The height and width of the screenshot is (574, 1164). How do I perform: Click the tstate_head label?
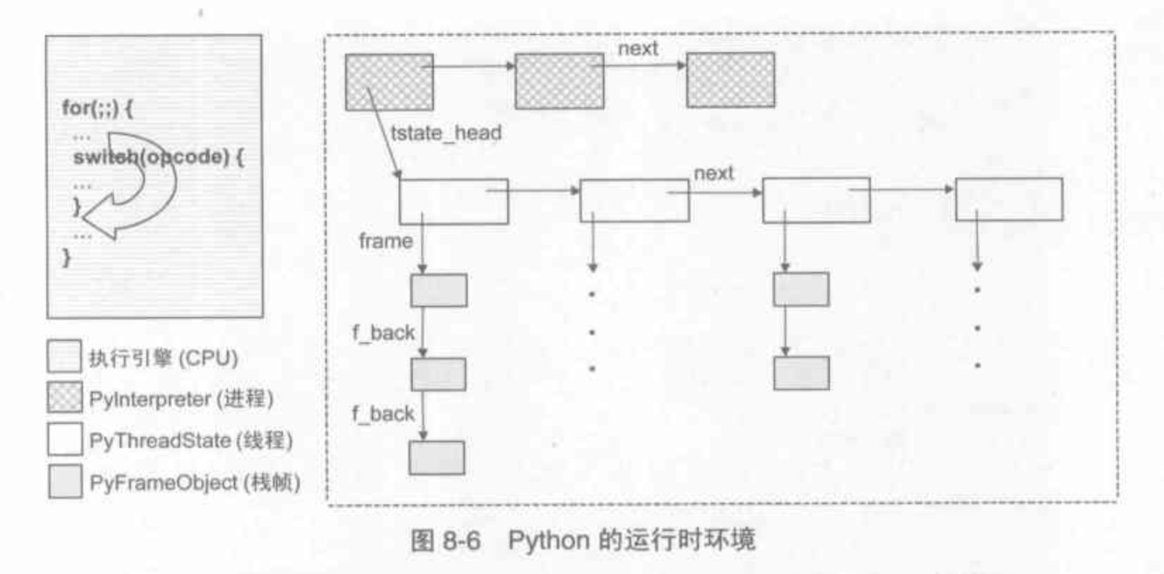pos(446,133)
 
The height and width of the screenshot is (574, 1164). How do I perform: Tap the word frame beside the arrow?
pos(385,242)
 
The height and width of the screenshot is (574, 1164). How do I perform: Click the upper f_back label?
pos(383,332)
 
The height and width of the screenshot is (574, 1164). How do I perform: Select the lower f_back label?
pos(383,414)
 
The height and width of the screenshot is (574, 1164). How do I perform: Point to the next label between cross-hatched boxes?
pos(638,49)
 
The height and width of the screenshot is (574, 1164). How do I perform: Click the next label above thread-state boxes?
pos(713,173)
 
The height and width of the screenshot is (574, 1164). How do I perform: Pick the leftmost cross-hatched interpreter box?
pos(389,82)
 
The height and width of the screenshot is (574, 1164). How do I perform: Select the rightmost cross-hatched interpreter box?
pos(730,80)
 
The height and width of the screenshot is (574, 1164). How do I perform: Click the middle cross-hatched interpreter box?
pos(559,81)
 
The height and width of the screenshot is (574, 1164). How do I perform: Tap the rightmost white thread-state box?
pos(1008,200)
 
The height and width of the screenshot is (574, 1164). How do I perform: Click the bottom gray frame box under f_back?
pos(437,457)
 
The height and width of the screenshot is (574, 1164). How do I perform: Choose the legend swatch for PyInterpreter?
pos(65,398)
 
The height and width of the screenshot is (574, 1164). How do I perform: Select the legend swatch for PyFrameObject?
pos(65,481)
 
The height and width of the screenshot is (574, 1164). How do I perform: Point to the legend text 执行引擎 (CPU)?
pos(163,358)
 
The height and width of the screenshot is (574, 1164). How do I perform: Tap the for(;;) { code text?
pos(97,108)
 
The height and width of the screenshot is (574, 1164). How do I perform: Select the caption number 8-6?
pos(461,541)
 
